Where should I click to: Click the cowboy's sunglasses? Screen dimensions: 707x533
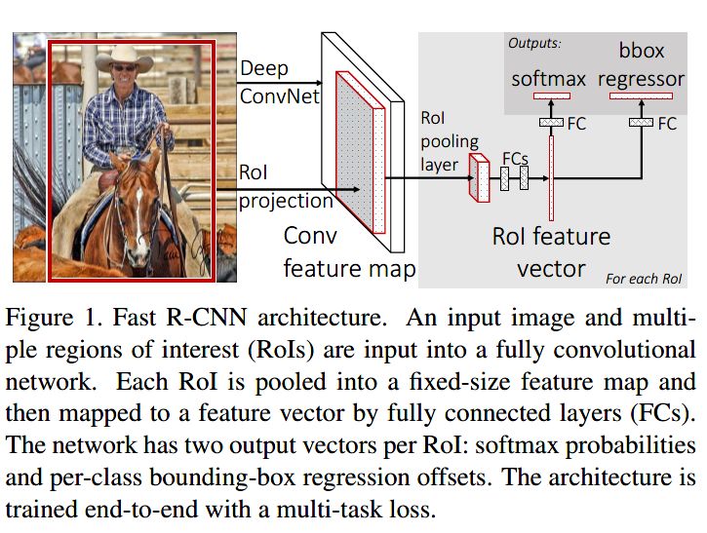click(124, 68)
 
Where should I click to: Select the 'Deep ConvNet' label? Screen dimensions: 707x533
click(280, 83)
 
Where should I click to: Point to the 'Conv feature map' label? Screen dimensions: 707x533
click(349, 252)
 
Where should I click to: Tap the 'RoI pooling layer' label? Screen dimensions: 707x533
click(450, 141)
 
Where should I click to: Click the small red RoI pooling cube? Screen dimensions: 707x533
click(480, 177)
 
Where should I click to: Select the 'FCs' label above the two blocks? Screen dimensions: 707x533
click(515, 159)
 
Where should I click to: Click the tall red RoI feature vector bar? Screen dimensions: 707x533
click(551, 178)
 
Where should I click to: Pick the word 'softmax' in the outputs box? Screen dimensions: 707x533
click(548, 79)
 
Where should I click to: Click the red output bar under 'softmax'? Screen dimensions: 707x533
click(552, 95)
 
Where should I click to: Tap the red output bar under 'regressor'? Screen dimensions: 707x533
click(641, 95)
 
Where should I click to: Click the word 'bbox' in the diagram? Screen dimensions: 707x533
click(641, 51)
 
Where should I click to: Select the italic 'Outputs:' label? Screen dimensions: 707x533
click(534, 43)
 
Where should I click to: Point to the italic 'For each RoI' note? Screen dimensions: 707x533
click(644, 279)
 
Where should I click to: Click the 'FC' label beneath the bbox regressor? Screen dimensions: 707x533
click(667, 124)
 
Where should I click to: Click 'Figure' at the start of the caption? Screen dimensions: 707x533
click(39, 318)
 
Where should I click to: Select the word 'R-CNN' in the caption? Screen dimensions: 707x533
click(206, 318)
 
